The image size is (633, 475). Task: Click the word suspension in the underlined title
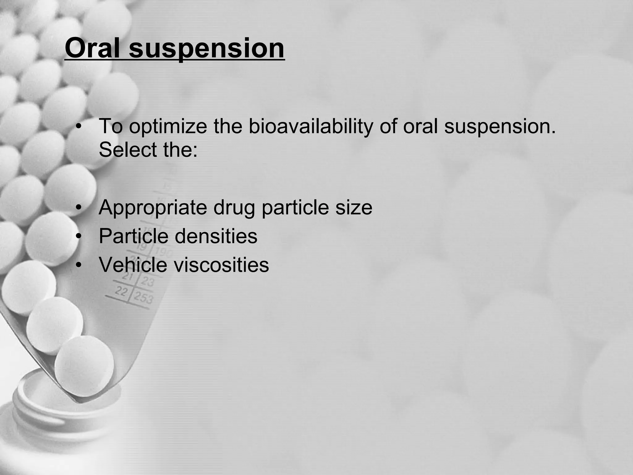[x=206, y=49]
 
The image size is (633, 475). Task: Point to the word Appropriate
[x=153, y=208]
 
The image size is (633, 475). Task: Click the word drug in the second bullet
[x=234, y=208]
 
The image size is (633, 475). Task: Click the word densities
[x=216, y=236]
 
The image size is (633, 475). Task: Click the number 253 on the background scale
[x=143, y=297]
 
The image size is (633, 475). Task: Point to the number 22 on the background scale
[x=121, y=291]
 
